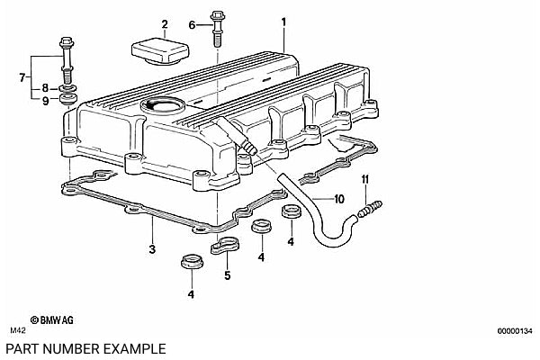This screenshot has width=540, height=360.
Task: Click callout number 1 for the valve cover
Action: (x=283, y=22)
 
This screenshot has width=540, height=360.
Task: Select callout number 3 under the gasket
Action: (x=152, y=248)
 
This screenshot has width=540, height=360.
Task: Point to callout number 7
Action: (x=22, y=77)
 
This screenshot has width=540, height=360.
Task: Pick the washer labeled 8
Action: (x=68, y=89)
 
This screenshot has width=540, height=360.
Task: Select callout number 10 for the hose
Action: (x=339, y=199)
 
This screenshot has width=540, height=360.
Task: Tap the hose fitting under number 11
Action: (x=370, y=210)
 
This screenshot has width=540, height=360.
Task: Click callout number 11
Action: (x=365, y=179)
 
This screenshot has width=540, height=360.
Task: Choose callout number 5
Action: (x=228, y=275)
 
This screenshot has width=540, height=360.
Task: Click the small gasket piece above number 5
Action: (x=225, y=245)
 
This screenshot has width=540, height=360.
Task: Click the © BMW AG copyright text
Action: (x=51, y=320)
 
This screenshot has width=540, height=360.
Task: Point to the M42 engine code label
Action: (x=18, y=330)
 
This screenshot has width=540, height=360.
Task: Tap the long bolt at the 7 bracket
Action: (x=67, y=59)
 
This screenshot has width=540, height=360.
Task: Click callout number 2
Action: (x=165, y=24)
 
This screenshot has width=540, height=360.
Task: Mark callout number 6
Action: (x=192, y=25)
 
